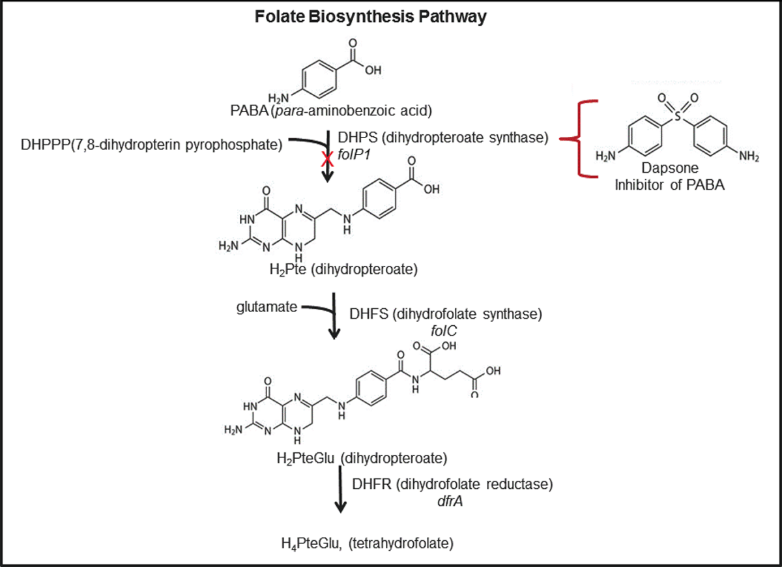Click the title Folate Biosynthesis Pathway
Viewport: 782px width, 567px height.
pyautogui.click(x=371, y=16)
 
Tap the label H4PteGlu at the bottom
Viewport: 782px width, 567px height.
pyautogui.click(x=304, y=542)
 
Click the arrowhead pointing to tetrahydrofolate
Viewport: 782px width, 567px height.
pyautogui.click(x=339, y=508)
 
